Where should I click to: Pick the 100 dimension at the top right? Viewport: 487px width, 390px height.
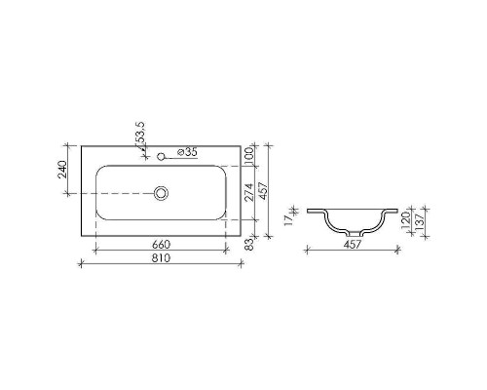(x=247, y=155)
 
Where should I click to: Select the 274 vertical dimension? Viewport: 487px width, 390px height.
(x=247, y=192)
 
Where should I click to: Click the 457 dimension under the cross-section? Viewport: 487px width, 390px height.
(x=353, y=245)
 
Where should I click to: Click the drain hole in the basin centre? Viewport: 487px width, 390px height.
(x=161, y=194)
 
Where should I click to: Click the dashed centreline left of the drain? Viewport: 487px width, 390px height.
(x=117, y=194)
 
